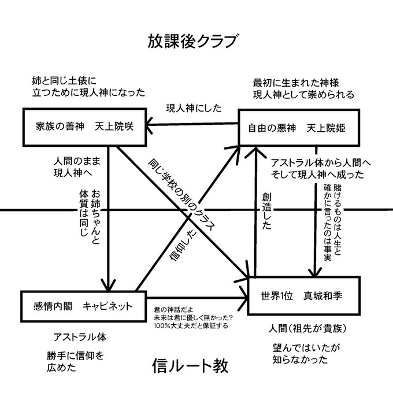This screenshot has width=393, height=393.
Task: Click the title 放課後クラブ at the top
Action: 192,42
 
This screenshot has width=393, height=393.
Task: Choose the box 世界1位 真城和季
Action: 303,295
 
